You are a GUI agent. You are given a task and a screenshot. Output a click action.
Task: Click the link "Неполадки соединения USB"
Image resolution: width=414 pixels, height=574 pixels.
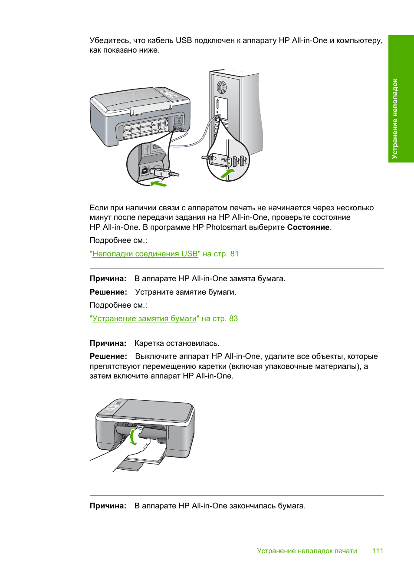tap(145, 254)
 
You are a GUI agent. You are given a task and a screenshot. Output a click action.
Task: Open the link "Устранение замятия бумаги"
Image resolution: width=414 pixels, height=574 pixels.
tap(145, 319)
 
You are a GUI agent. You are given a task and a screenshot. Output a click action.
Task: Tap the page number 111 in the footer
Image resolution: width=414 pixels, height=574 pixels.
tap(378, 551)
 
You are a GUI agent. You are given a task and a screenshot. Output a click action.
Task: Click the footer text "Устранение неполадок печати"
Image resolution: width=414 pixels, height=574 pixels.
tap(307, 551)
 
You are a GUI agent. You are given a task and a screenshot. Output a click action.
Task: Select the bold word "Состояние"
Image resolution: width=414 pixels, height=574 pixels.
tap(308, 227)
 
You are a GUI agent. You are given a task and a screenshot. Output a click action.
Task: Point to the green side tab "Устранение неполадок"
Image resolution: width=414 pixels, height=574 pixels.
tap(401, 99)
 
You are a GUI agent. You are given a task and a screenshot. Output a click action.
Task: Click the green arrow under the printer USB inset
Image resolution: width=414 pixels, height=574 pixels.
tap(159, 184)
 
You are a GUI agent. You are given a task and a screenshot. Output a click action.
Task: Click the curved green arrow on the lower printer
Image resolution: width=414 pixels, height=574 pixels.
tap(133, 437)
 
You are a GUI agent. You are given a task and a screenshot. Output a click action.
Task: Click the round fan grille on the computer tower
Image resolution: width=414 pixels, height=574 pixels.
tap(222, 87)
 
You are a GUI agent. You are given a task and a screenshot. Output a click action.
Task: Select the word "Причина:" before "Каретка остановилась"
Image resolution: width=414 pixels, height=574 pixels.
tap(108, 343)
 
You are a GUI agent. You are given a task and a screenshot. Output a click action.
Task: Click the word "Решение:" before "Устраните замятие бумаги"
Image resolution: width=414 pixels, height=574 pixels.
tap(108, 292)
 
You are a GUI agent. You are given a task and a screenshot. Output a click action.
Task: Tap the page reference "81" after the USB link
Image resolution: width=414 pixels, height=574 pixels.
tap(234, 254)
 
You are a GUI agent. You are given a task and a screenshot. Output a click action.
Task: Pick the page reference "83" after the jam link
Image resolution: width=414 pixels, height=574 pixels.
tap(233, 319)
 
